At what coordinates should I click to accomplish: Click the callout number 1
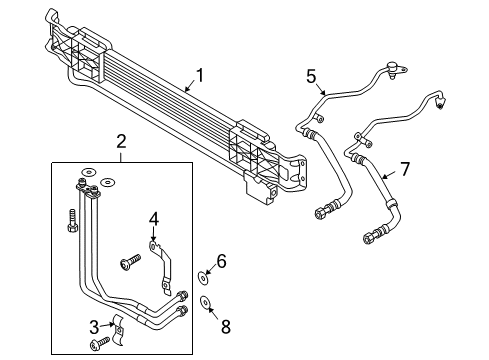coord(200,76)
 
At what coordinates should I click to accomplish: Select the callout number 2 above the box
coord(121,141)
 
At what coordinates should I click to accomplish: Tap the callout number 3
coord(94,327)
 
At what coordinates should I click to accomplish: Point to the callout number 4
coord(154,220)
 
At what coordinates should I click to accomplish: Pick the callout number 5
coord(311,76)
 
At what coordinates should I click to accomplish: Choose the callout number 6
coord(221,261)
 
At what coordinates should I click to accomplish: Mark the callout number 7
coord(405,169)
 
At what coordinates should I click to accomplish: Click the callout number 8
coord(226,327)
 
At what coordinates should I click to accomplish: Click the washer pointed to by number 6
coord(203,278)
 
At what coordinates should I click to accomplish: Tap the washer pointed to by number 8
coord(205,302)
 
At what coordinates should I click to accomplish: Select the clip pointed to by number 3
coord(118,329)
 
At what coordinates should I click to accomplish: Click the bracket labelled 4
coord(162,268)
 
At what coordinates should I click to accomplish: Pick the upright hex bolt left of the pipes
coord(72,221)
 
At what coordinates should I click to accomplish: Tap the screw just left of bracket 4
coord(130,262)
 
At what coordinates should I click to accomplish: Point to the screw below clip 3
coord(99,343)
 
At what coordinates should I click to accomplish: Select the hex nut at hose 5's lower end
coord(320,213)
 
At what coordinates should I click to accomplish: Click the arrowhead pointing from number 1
coord(187,89)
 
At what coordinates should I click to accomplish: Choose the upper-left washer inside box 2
coord(88,172)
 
